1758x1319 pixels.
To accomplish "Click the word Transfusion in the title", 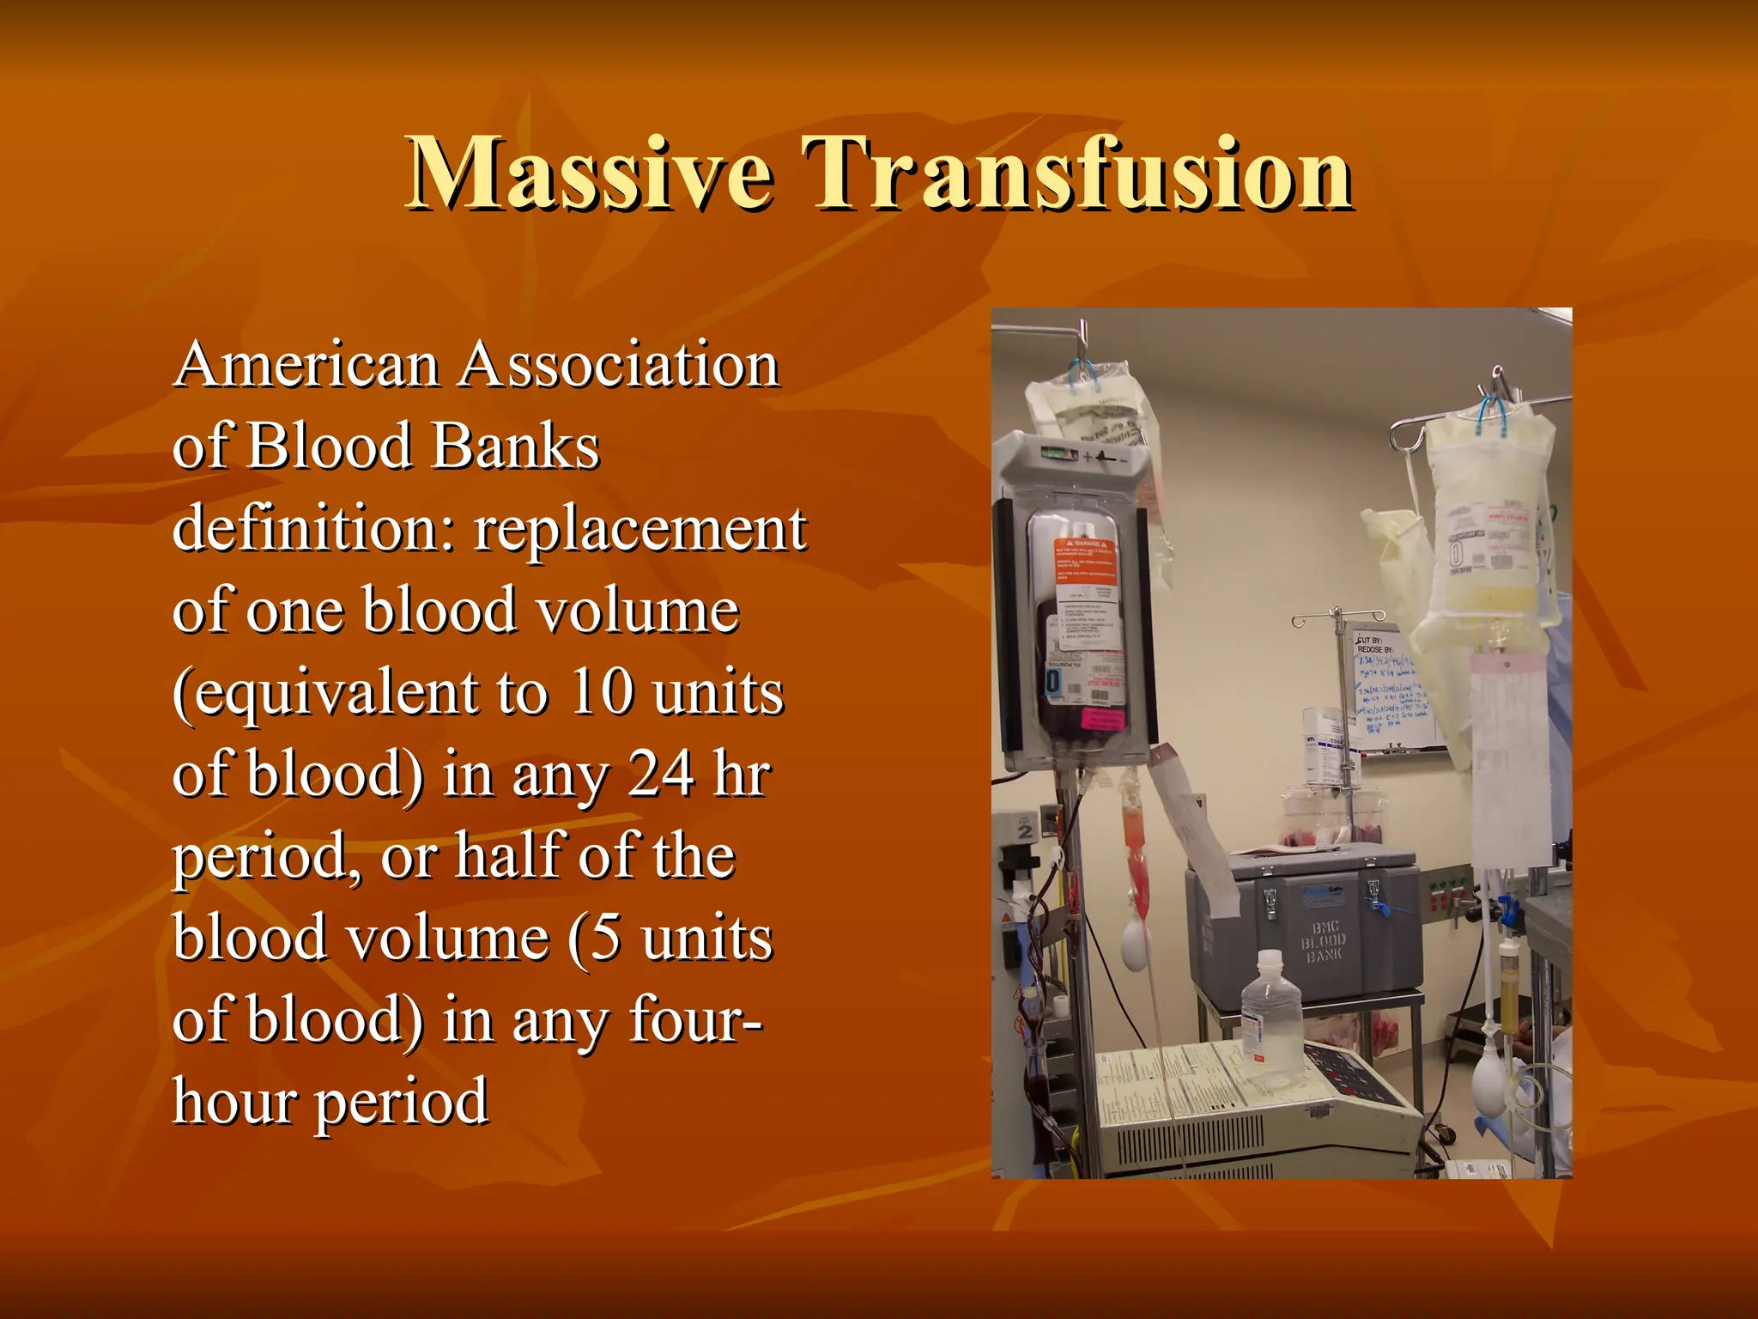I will (x=1076, y=174).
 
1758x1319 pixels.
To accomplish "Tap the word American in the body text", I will (x=306, y=365).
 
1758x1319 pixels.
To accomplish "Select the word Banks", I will (x=515, y=447).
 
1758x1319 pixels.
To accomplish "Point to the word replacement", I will (x=640, y=529).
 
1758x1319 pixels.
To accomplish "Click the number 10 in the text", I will (x=602, y=692).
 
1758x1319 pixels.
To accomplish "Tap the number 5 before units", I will (x=606, y=938).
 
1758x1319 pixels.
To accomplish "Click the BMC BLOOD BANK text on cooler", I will (x=1324, y=941).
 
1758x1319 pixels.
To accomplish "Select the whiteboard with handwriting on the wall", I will (x=1391, y=691).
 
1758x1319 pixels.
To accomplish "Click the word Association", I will (x=619, y=365).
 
